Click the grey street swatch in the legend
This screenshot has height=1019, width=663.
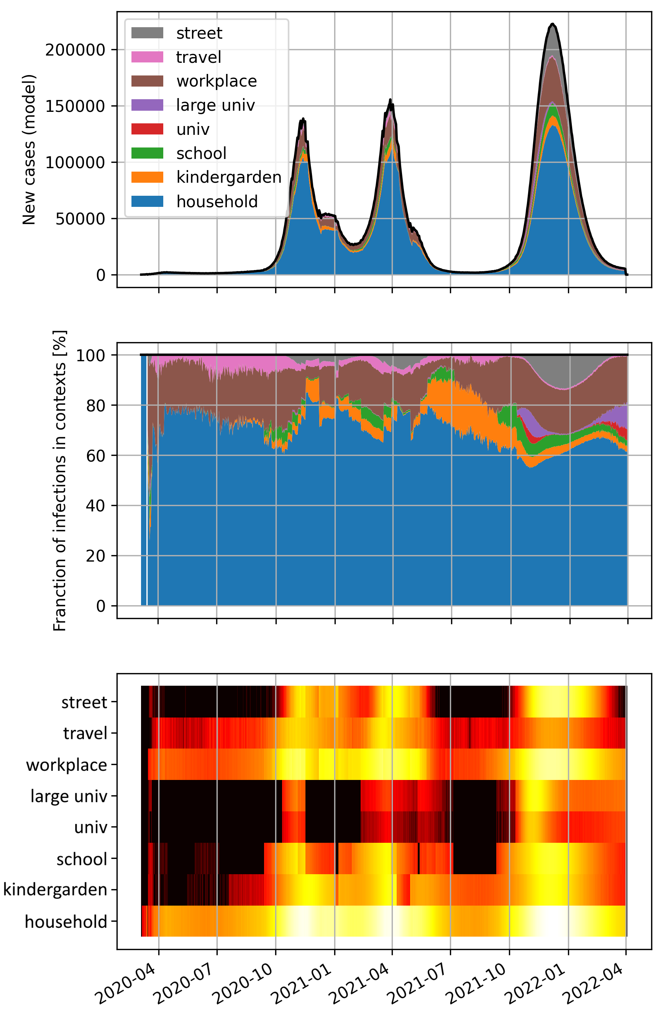(147, 33)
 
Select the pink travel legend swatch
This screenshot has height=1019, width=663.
(147, 57)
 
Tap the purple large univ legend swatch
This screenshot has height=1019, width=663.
(147, 105)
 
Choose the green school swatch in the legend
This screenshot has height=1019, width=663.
(147, 153)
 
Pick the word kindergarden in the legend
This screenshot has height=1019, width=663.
(229, 177)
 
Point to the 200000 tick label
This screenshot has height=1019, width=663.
(75, 50)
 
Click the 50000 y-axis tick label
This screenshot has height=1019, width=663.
(80, 219)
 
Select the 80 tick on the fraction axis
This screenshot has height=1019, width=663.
(95, 405)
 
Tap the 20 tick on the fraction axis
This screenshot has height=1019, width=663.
(95, 556)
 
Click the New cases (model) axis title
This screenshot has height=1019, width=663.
(29, 150)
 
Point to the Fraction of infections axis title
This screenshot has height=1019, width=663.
(59, 480)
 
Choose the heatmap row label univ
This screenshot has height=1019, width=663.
(90, 827)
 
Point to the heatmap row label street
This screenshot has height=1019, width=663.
(84, 703)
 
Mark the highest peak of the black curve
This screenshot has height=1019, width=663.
(553, 25)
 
